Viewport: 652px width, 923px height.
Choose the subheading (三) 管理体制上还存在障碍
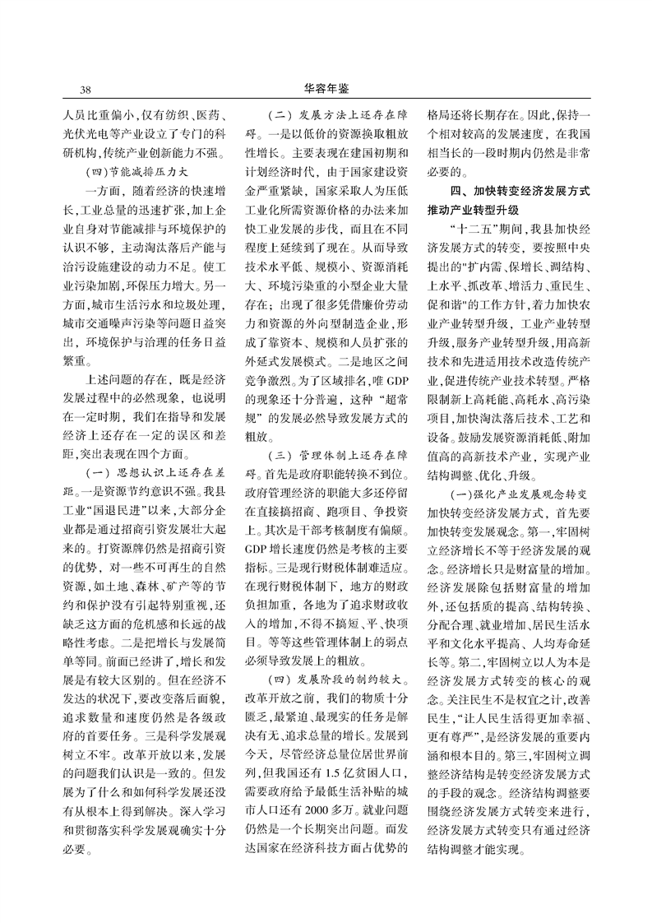click(x=333, y=473)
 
